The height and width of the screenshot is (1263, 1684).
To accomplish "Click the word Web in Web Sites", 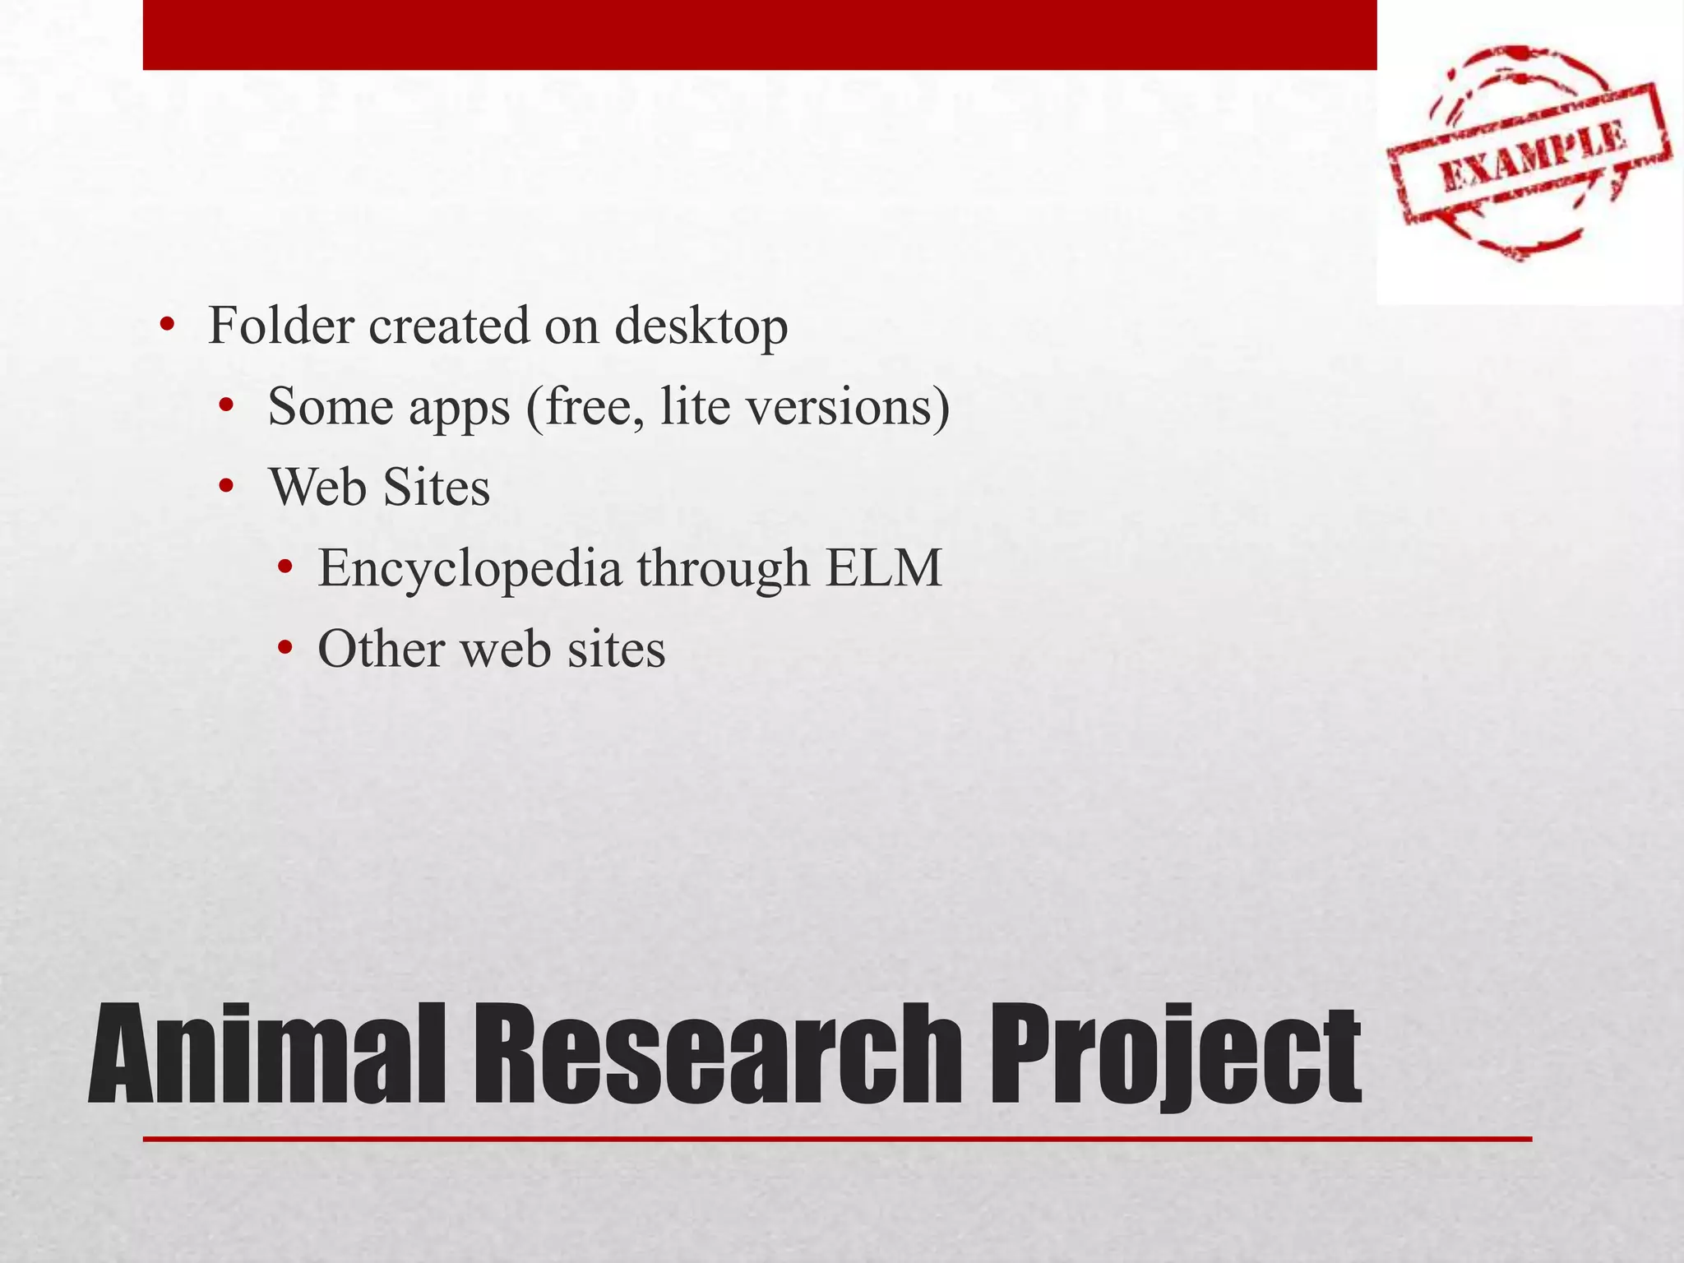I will pos(317,487).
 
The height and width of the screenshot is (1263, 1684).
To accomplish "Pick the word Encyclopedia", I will pos(470,569).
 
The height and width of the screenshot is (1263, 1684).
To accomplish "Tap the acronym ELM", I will pos(883,567).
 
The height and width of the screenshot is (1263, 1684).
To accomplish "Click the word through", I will pos(724,569).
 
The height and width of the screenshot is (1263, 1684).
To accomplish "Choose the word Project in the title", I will pos(1173,1056).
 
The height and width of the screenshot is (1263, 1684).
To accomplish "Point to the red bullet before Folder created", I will pos(167,325).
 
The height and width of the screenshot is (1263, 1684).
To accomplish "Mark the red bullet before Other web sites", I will pos(285,650).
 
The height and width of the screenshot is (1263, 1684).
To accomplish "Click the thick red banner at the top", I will pos(760,35).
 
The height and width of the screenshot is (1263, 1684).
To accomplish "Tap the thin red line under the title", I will pos(837,1139).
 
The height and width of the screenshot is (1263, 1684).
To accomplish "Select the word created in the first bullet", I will pos(449,326).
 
